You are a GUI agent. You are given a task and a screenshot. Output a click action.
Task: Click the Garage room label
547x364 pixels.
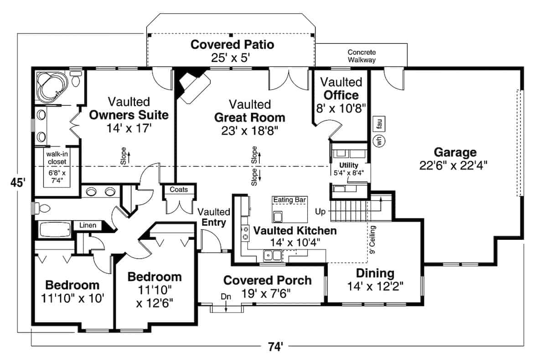click(x=454, y=152)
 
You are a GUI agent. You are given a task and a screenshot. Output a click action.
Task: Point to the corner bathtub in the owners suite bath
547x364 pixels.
click(x=51, y=87)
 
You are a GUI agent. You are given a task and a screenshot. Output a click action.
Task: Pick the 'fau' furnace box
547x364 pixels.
click(x=379, y=123)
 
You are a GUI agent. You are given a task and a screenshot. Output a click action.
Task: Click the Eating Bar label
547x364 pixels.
click(x=289, y=200)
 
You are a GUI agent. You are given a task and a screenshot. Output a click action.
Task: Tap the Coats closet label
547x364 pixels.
click(x=179, y=189)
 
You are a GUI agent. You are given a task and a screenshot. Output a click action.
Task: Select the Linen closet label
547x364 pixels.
click(x=88, y=225)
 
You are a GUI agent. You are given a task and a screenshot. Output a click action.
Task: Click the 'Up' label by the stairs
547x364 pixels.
click(x=321, y=212)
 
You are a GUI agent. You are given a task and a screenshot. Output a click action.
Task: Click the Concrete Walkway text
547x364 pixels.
click(x=361, y=56)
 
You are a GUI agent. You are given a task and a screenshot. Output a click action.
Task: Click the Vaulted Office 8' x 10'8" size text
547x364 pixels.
click(x=340, y=108)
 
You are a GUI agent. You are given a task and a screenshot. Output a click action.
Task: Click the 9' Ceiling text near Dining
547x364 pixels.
click(x=373, y=240)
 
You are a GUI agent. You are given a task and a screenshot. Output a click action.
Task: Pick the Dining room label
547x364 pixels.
click(x=375, y=273)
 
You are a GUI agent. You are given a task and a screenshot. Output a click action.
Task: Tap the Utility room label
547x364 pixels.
click(x=348, y=165)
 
